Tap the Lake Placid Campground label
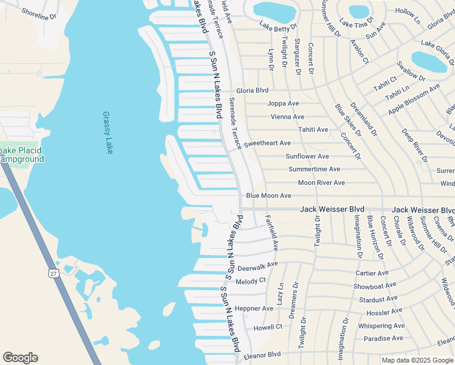coord(22,155)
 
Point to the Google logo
coord(20,358)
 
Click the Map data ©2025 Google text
coord(417,360)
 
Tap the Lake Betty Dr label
coord(278,26)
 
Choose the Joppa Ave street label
coord(283,103)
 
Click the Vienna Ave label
coord(287,117)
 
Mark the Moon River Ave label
coord(321,182)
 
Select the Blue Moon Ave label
coord(268,196)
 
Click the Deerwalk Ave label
coord(257,266)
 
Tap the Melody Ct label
coord(251,280)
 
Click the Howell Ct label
coord(268,327)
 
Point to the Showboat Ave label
coord(375,285)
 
